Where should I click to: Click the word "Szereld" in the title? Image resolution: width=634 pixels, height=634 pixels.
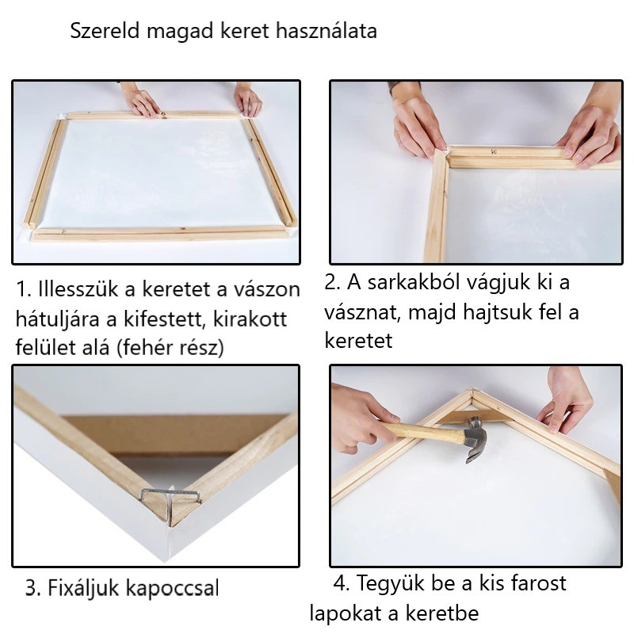coord(105,31)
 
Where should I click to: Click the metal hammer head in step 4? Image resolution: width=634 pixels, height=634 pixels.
coord(475,441)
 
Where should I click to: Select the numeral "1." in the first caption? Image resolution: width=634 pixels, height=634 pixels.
coord(25,289)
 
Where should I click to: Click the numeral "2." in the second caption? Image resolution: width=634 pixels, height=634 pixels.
coord(333,282)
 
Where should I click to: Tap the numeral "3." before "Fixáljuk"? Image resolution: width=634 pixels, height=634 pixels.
coord(33,587)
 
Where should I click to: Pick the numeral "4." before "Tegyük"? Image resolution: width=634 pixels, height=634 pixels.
coord(342,583)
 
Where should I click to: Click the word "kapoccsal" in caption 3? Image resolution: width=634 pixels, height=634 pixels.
coord(173,588)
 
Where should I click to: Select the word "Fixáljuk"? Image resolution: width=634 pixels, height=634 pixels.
coord(84,588)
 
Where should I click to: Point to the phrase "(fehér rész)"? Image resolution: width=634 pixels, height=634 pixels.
coord(170,347)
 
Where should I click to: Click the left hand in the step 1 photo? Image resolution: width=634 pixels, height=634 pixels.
coord(140,101)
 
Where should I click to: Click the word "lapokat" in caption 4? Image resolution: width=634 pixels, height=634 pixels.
coord(346,613)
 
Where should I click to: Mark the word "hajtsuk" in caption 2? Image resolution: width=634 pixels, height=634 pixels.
coord(498,312)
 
